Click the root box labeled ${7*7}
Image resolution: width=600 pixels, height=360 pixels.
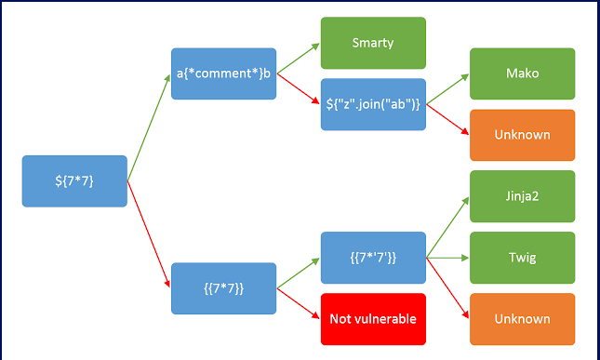tap(74, 180)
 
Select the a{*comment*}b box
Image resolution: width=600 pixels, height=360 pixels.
tap(223, 73)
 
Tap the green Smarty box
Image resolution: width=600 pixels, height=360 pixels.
tap(372, 43)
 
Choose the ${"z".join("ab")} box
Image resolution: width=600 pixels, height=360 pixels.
tap(372, 104)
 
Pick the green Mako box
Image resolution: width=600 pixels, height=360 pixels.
tap(522, 73)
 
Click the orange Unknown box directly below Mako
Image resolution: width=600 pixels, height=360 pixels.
tap(522, 135)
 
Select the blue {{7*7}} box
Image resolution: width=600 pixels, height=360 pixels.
tap(223, 287)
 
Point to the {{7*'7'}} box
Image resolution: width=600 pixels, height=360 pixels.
tap(372, 257)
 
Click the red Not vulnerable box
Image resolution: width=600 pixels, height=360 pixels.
tap(372, 318)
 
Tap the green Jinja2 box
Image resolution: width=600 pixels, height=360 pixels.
tap(522, 195)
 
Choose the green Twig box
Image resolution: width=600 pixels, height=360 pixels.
tap(522, 257)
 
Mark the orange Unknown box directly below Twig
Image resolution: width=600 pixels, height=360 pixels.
tap(522, 318)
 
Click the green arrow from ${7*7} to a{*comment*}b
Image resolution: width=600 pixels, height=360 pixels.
tap(149, 127)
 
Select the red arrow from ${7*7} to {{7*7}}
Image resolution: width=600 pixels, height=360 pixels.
tap(149, 233)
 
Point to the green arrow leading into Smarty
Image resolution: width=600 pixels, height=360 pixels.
tap(298, 58)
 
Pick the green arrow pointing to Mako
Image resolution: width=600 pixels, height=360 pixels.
tap(447, 89)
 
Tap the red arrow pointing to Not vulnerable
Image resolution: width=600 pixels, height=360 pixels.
tap(298, 303)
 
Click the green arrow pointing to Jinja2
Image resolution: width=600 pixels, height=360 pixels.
tap(447, 227)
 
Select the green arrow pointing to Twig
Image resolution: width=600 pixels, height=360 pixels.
tap(447, 257)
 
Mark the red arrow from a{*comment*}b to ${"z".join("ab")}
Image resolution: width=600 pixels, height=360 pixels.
tap(298, 89)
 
